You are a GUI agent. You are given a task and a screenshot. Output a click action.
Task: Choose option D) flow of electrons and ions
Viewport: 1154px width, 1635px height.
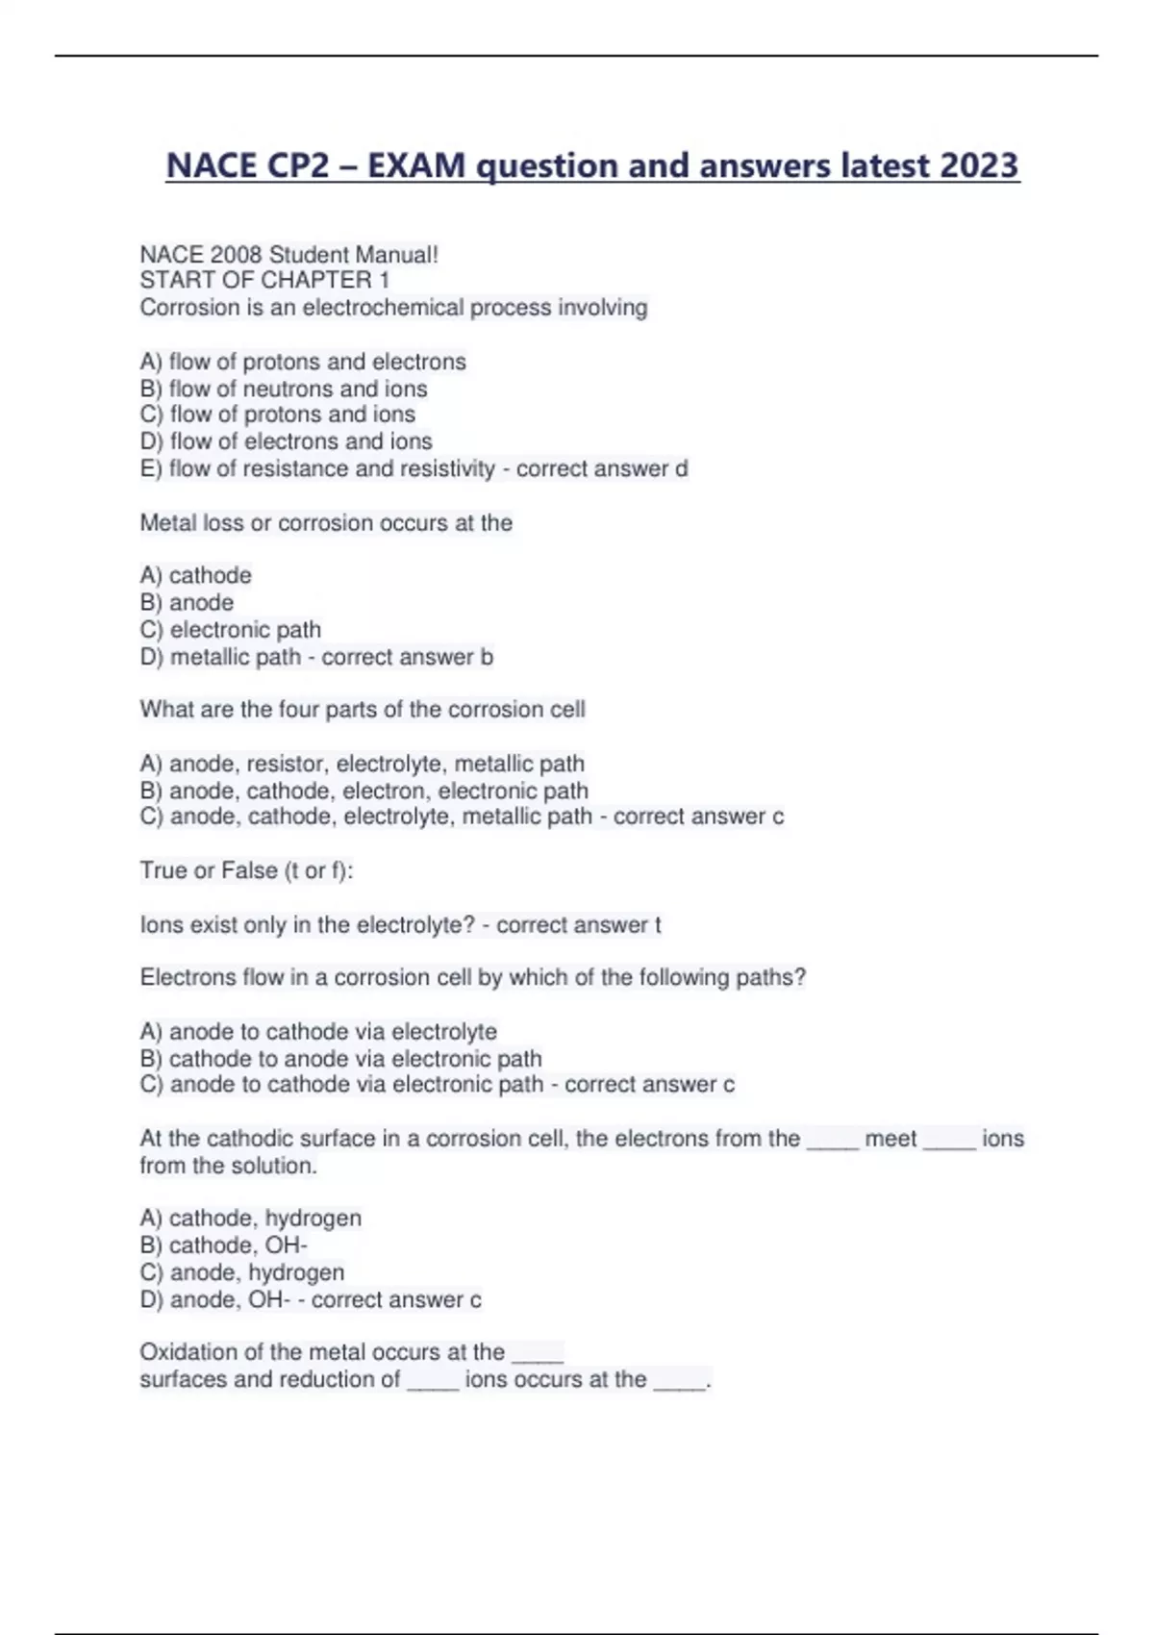pyautogui.click(x=286, y=441)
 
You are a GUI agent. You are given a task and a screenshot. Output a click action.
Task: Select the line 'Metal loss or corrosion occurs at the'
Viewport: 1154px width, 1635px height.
pyautogui.click(x=326, y=523)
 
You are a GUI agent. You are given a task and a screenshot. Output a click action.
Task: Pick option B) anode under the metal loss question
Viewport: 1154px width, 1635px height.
pyautogui.click(x=187, y=603)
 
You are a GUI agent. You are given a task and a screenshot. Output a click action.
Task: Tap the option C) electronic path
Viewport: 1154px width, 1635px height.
pyautogui.click(x=231, y=630)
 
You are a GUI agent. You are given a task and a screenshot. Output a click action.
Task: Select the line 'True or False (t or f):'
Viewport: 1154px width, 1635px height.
pyautogui.click(x=246, y=870)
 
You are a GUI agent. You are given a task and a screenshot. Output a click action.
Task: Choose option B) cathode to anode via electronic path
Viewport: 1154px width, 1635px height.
pyautogui.click(x=340, y=1059)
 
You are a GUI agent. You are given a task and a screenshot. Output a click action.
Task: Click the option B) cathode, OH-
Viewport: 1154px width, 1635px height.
pyautogui.click(x=223, y=1245)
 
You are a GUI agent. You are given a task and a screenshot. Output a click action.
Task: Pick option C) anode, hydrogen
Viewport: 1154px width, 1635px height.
pyautogui.click(x=242, y=1272)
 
